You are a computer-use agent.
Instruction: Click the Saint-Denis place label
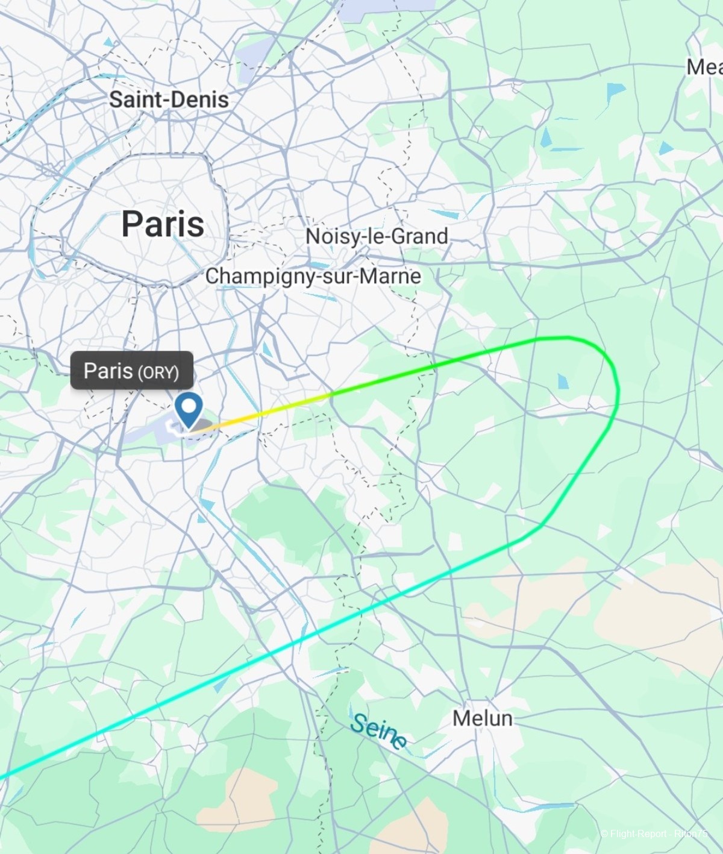[x=169, y=99]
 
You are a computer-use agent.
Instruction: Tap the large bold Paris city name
[x=163, y=224]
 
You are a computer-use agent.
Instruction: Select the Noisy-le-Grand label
[x=377, y=236]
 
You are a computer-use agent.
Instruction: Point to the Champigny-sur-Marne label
[x=313, y=276]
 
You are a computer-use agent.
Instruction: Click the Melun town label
[x=482, y=718]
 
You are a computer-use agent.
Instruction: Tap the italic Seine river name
[x=378, y=731]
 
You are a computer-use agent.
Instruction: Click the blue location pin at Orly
[x=190, y=410]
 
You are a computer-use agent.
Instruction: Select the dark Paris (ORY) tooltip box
[x=131, y=371]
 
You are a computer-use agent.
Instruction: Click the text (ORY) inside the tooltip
[x=158, y=372]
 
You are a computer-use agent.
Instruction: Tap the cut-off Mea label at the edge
[x=704, y=67]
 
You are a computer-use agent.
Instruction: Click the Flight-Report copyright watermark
[x=654, y=834]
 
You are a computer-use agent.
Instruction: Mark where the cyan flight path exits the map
[x=3, y=777]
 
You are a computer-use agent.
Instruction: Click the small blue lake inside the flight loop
[x=563, y=381]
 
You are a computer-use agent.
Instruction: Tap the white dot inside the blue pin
[x=190, y=404]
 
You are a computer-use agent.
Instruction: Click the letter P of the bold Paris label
[x=133, y=224]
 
